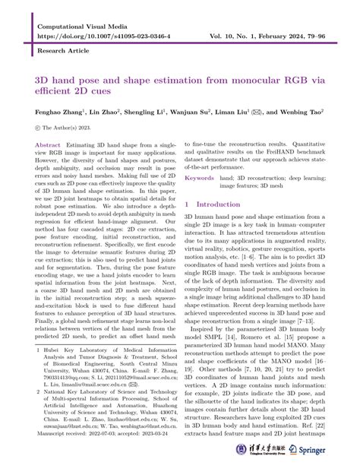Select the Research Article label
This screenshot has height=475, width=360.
pos(57,53)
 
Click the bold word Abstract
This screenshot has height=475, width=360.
pos(49,144)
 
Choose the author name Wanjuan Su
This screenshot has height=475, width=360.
pos(184,111)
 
